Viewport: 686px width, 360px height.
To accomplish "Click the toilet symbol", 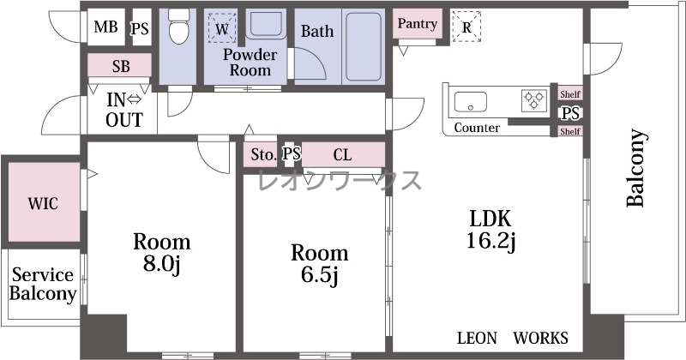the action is pos(178,27).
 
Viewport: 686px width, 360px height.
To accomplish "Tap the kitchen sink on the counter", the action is pos(471,102).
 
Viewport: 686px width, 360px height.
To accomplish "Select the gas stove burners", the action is pos(534,99).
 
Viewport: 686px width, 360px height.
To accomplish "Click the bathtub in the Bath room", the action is pos(364,47).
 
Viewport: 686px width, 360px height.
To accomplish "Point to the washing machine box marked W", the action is pos(222,28).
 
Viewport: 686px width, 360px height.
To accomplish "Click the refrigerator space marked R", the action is pos(466,27).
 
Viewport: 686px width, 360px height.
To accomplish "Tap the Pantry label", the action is pos(417,24).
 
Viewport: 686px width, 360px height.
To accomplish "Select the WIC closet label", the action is pos(43,203).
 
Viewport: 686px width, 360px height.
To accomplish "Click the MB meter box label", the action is pos(105,27).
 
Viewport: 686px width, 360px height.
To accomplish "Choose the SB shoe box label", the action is pos(121,67).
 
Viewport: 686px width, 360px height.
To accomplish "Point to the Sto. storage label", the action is pos(264,154).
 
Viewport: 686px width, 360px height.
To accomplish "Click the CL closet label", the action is pos(342,155).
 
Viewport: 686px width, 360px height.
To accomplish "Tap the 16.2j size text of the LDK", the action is pos(490,240).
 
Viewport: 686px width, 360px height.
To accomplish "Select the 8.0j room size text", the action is pos(161,264).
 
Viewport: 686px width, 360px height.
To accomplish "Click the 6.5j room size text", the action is pos(319,274).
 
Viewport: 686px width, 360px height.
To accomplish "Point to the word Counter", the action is pos(477,128).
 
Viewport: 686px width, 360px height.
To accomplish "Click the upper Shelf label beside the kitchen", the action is pos(570,94).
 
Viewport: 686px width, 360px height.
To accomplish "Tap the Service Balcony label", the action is pos(43,285).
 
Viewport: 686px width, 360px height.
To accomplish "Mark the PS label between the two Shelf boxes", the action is pos(570,113).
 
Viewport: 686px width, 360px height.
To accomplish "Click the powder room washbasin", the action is pos(266,25).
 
